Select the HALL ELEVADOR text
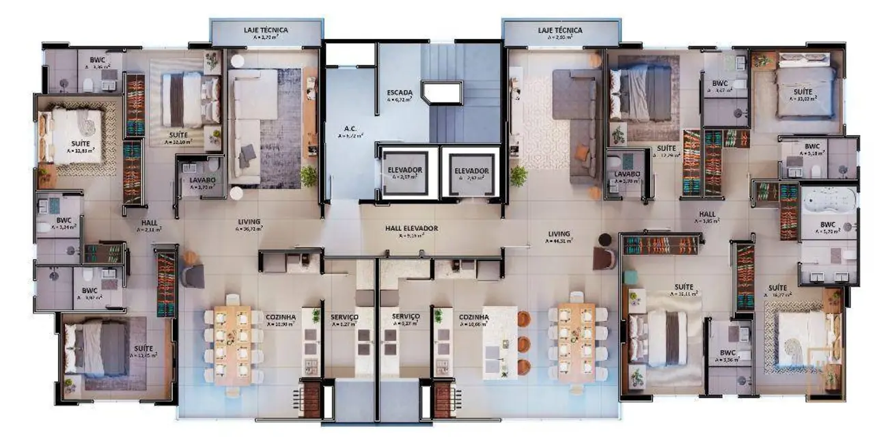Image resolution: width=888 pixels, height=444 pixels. coord(411,229)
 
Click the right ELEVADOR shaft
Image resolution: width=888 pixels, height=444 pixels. coord(471,171)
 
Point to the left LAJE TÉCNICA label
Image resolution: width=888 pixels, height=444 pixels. coord(266,31)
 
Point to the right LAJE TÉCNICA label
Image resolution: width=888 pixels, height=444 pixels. coord(560,31)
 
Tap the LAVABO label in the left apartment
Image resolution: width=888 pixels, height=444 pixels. coord(202,180)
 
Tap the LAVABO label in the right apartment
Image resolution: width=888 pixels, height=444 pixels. coord(626,174)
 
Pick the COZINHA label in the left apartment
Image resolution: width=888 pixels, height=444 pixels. coord(279,318)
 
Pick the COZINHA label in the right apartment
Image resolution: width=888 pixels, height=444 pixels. coord(473,318)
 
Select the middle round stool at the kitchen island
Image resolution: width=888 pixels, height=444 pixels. coord(524,343)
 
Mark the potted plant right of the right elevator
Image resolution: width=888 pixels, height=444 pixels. coord(518,175)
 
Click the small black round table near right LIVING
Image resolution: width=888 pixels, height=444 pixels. coord(605,239)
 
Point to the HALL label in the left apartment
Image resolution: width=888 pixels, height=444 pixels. coord(150,223)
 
